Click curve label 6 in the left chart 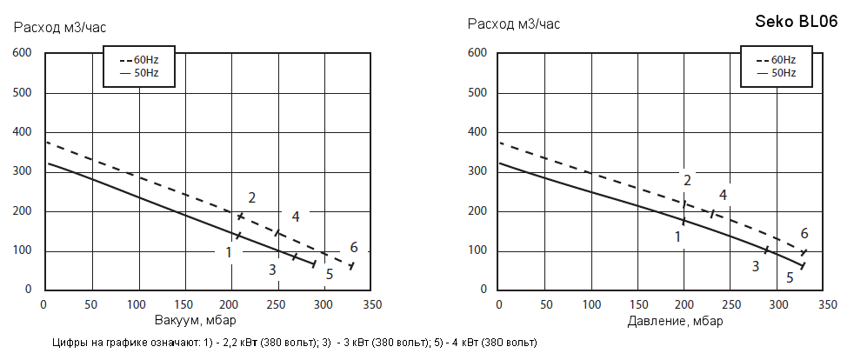coord(354,247)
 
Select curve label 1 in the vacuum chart coord(229,252)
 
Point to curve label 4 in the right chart coord(723,195)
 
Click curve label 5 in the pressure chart coord(790,278)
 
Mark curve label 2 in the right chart coord(687,180)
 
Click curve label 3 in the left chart coord(272,270)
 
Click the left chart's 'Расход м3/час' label coord(60,26)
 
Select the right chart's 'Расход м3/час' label coord(514,23)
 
